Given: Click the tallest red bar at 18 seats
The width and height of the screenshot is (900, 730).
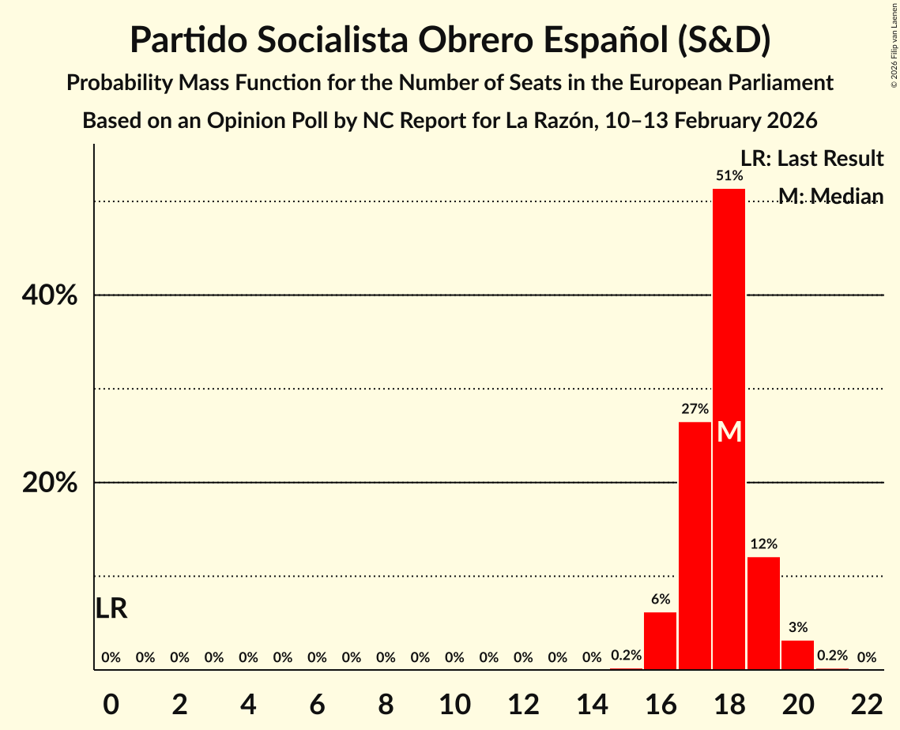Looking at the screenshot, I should pyautogui.click(x=729, y=316).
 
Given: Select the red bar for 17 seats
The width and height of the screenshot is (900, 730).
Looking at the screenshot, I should pyautogui.click(x=695, y=545).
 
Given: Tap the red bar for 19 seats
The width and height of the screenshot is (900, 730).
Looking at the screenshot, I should pyautogui.click(x=763, y=613).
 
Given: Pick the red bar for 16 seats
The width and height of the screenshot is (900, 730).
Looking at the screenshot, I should pyautogui.click(x=660, y=641).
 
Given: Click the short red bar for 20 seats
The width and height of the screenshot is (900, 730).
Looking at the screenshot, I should pyautogui.click(x=797, y=655).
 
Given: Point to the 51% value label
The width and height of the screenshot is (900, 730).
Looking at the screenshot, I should pyautogui.click(x=729, y=175).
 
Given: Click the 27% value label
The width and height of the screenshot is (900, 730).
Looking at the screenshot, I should pyautogui.click(x=695, y=409).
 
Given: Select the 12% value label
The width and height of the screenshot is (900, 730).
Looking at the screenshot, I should pyautogui.click(x=763, y=544).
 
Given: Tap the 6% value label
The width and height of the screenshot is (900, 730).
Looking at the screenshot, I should pyautogui.click(x=661, y=599).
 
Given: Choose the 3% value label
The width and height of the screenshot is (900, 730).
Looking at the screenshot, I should pyautogui.click(x=798, y=627).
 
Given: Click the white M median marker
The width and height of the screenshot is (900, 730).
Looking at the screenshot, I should pyautogui.click(x=729, y=432).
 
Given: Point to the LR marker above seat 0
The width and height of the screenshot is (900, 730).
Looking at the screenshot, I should pyautogui.click(x=111, y=608).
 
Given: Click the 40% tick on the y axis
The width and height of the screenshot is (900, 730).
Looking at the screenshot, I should pyautogui.click(x=49, y=295).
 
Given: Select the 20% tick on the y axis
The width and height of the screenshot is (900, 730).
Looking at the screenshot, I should pyautogui.click(x=49, y=483).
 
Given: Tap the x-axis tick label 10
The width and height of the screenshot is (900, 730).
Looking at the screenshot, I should pyautogui.click(x=454, y=704).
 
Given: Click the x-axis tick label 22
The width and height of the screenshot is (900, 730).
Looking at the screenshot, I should pyautogui.click(x=867, y=704).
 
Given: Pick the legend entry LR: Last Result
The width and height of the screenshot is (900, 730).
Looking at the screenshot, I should pyautogui.click(x=812, y=159).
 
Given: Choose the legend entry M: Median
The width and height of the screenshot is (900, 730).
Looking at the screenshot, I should pyautogui.click(x=830, y=196).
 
